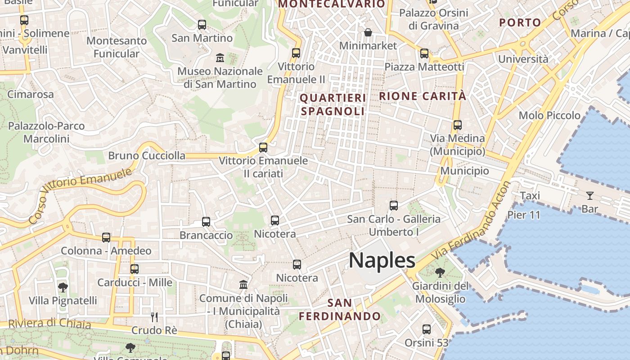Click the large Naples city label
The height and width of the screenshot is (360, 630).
(x=382, y=261)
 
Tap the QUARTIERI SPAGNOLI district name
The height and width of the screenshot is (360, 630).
(x=333, y=104)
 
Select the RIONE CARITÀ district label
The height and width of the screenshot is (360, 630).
(x=423, y=96)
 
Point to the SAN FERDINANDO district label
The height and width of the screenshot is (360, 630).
(x=340, y=309)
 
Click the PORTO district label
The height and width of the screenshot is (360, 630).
(x=520, y=22)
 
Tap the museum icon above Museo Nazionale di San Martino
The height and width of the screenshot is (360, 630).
(x=220, y=58)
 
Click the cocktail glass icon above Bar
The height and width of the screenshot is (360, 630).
(x=589, y=195)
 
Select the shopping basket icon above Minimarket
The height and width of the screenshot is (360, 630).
(x=368, y=32)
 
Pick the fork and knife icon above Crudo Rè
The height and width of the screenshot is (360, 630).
(x=154, y=317)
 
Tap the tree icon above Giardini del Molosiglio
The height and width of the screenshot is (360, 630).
(x=440, y=272)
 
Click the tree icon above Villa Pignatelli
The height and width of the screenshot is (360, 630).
(x=63, y=287)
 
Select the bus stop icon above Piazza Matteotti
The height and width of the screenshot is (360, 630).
(x=424, y=54)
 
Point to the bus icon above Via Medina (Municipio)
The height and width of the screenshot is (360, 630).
(x=457, y=125)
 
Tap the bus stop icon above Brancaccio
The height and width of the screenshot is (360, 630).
(x=206, y=221)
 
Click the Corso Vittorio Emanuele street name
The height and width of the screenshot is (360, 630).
(x=81, y=196)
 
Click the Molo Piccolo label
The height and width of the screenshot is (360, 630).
(x=549, y=115)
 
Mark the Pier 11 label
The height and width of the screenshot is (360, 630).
(x=523, y=215)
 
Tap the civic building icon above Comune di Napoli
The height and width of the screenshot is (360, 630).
(x=243, y=285)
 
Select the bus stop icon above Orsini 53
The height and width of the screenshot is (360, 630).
(x=426, y=329)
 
